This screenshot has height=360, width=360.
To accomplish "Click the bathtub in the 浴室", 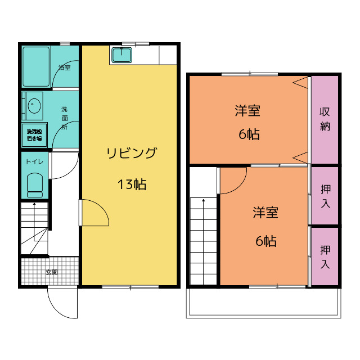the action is pos(36,66).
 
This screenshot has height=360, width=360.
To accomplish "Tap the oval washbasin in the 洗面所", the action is pos(34,106).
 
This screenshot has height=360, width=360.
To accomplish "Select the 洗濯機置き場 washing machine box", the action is pos(34,135).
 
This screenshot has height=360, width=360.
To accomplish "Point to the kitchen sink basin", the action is pos(121,55).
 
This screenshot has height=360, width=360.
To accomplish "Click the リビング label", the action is pos(132,153).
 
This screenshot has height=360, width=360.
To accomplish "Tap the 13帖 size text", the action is pos(132,184).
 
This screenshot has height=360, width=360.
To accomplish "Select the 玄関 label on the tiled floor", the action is pos(52,272).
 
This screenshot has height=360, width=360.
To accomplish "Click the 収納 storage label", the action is pos(325,119).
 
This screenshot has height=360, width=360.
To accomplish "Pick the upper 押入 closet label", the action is pos(326,196).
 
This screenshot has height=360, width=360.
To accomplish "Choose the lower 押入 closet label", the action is pos(325,257).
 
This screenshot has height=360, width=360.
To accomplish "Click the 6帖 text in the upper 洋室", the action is pos(249,134).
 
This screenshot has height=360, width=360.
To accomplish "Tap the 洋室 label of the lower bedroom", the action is pos(265,213).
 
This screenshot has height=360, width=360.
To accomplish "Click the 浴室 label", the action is pos(65,67).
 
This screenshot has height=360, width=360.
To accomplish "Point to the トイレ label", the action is pos(34,161).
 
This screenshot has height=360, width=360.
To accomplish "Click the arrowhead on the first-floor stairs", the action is pos(34,204).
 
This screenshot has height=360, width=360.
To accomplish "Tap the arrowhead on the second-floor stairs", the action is pos(204,200).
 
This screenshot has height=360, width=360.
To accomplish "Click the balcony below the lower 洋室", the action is pos(264,303).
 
